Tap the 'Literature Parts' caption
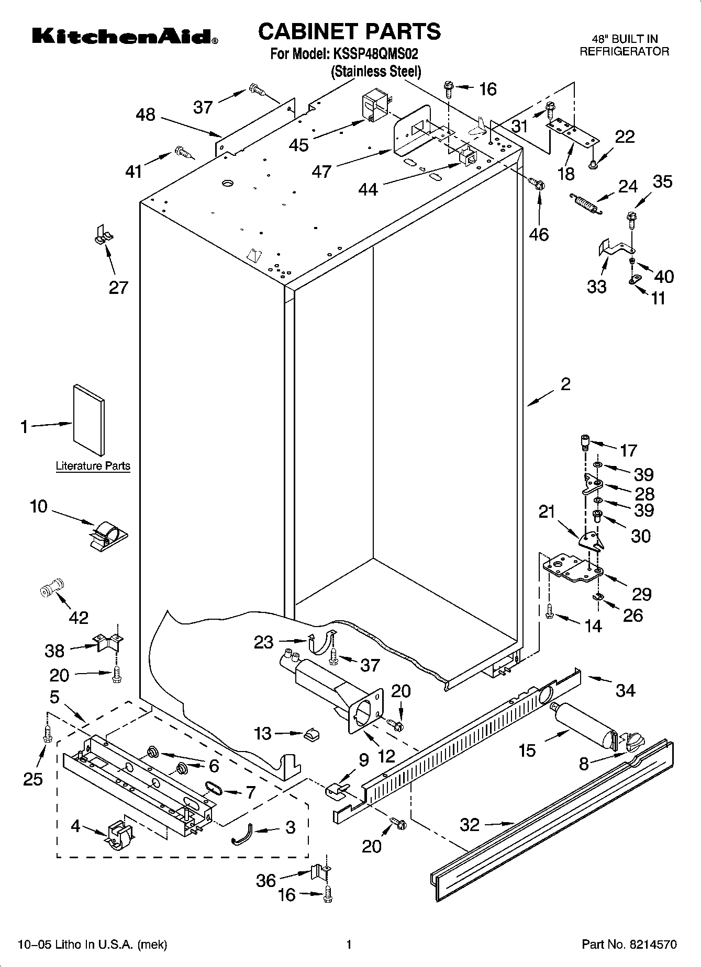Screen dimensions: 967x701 click(93, 466)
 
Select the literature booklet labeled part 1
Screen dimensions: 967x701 click(89, 420)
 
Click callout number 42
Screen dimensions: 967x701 click(79, 618)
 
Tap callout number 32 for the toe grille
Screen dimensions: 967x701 click(470, 825)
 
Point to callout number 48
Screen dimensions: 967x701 click(146, 115)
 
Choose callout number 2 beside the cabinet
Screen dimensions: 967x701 click(565, 384)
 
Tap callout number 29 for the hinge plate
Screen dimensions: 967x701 click(641, 594)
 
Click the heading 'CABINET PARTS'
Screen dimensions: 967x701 click(349, 31)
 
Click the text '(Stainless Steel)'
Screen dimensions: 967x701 click(376, 72)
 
